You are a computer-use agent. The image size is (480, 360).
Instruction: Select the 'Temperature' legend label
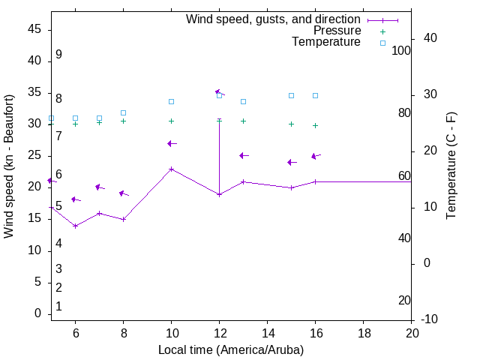(x=326, y=42)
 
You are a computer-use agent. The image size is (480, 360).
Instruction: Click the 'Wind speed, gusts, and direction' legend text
(x=273, y=19)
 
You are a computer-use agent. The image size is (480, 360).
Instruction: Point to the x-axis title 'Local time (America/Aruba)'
(x=231, y=349)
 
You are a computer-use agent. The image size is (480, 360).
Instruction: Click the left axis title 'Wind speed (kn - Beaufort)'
(x=9, y=166)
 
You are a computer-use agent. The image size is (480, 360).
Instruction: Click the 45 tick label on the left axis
(x=34, y=29)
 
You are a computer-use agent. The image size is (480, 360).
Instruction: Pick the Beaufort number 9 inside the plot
(x=58, y=55)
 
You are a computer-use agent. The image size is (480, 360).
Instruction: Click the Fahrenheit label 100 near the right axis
(x=401, y=50)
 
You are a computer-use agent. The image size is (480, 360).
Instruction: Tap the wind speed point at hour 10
(x=171, y=169)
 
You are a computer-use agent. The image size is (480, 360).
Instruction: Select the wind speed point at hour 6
(x=75, y=226)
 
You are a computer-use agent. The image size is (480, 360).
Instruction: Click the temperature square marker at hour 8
(x=123, y=112)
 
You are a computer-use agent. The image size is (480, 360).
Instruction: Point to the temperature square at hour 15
(x=291, y=95)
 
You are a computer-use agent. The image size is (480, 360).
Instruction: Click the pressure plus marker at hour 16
(x=315, y=125)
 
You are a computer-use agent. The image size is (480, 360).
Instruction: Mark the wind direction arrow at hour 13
(x=243, y=155)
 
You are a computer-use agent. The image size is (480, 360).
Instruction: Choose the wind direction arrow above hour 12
(x=219, y=92)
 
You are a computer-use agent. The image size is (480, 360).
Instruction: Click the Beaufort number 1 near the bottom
(x=58, y=306)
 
